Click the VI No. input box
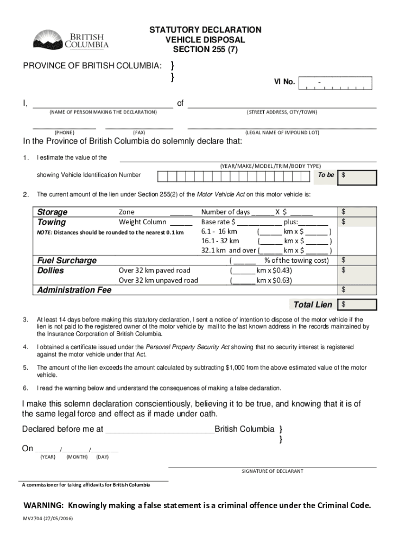point(335,83)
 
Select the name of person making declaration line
point(103,104)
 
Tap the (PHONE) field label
point(64,132)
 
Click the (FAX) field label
point(139,132)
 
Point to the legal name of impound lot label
point(282,132)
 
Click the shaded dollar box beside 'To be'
point(357,177)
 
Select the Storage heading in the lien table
point(52,212)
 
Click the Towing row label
point(52,222)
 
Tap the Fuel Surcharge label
point(66,260)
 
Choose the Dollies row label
point(50,270)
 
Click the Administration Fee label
point(74,290)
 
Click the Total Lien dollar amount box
point(357,304)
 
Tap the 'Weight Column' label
point(143,222)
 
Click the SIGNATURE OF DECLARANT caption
point(273,471)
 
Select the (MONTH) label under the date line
point(77,457)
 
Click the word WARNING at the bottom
point(43,505)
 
